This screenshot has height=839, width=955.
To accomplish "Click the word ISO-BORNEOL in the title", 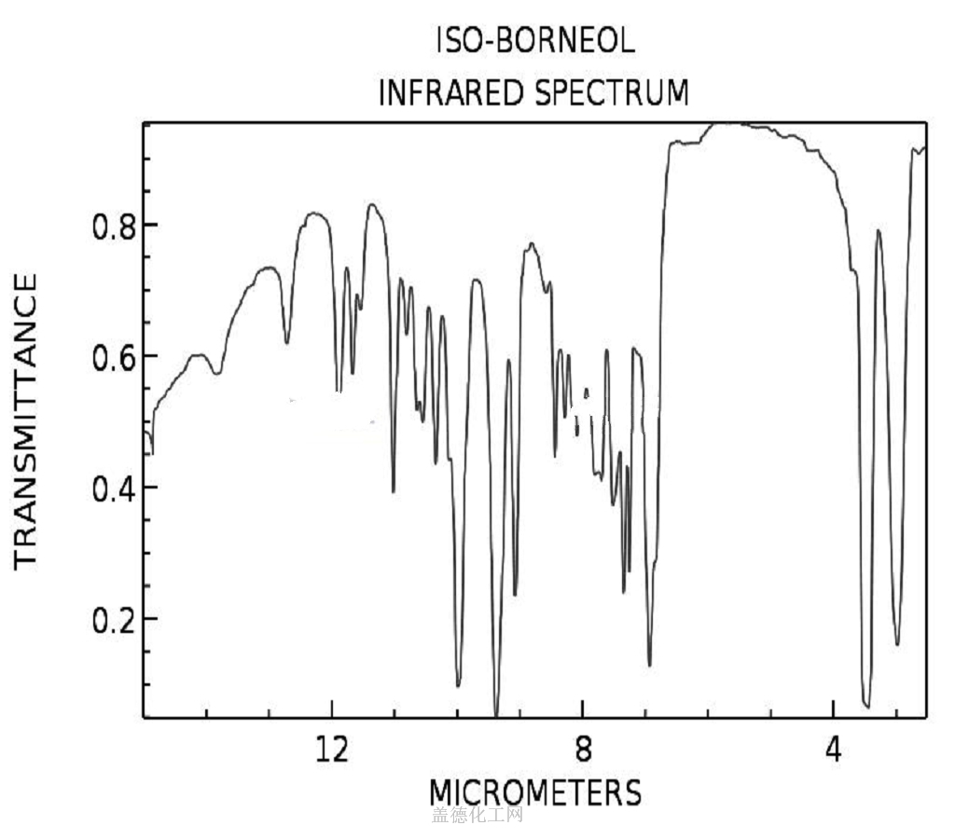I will tap(535, 41).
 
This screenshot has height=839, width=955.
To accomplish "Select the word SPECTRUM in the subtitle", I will tap(611, 93).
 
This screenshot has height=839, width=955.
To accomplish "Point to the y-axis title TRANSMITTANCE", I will tap(25, 419).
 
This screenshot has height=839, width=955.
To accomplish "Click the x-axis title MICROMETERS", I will tap(535, 792).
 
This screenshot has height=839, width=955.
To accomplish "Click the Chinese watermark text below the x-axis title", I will tap(477, 816).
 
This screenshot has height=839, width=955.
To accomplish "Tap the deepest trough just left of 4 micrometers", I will tap(866, 706).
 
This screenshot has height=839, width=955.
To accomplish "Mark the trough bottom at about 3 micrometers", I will tap(897, 644).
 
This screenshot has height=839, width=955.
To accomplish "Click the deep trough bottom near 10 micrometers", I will tap(458, 685).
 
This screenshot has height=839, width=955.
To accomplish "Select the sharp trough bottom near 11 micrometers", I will tap(394, 491).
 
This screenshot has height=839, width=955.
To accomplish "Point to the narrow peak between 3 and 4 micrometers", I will tap(878, 230).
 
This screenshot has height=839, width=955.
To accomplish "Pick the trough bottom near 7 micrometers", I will tap(650, 665).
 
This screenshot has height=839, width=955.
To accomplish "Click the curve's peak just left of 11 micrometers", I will tap(373, 204).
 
